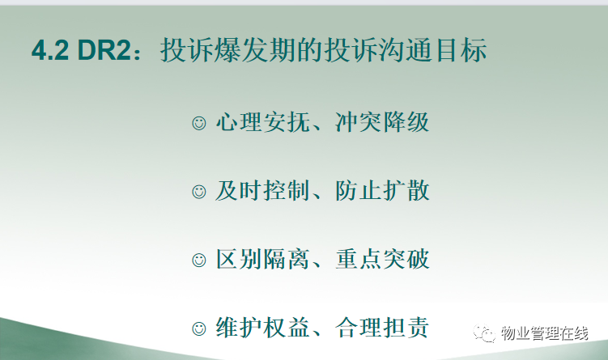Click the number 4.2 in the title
50,50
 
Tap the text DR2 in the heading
104,50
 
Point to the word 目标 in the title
461,50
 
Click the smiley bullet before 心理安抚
199,123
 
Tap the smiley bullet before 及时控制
199,192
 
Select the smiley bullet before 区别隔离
199,260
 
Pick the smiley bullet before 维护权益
199,328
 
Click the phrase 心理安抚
263,122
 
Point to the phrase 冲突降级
382,122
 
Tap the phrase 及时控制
263,191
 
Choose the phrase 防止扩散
382,191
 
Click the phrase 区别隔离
263,259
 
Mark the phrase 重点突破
382,259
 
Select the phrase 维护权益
263,328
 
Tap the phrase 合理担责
382,328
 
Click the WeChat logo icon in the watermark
484,333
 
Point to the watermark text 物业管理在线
544,333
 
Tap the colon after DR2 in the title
138,53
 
